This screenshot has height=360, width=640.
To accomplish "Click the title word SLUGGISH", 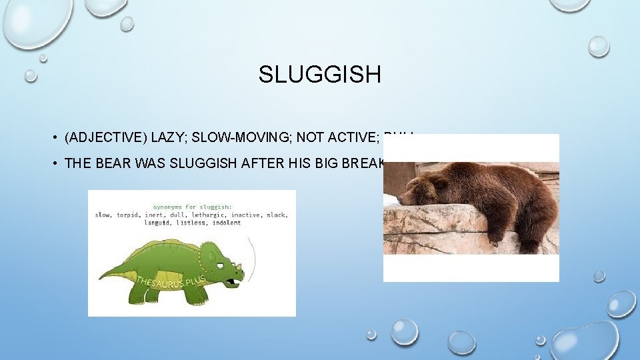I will click(x=320, y=74).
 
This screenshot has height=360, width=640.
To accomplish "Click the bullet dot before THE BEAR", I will click(x=53, y=164).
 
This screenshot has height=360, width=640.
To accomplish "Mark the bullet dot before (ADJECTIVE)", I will click(x=53, y=138).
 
